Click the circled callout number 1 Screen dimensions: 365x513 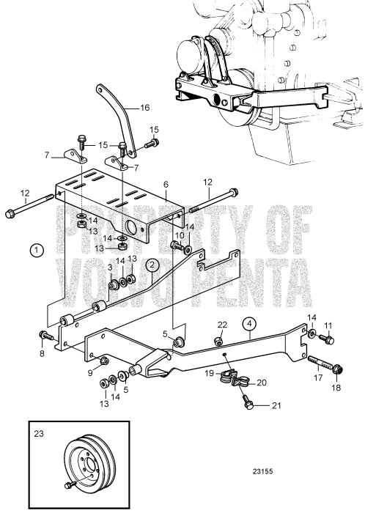[37, 251]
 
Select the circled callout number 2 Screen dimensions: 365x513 [152, 265]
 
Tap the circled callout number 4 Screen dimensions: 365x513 [249, 324]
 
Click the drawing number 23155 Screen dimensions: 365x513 [262, 471]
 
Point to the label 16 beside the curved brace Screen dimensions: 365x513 [144, 107]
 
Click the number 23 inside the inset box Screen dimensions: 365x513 [39, 434]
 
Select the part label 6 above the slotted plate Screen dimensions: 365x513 [166, 185]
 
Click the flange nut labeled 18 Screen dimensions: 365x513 [338, 370]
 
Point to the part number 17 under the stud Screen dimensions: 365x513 [318, 377]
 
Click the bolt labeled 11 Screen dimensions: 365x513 [326, 339]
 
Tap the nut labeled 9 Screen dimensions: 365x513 [105, 361]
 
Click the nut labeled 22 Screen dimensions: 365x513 [218, 342]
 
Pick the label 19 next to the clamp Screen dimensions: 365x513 [209, 372]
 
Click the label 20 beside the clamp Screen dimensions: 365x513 [262, 383]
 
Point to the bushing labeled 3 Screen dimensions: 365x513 [114, 286]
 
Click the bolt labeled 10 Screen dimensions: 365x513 [177, 245]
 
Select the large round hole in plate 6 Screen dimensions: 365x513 [131, 226]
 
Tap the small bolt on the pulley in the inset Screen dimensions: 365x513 [70, 485]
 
